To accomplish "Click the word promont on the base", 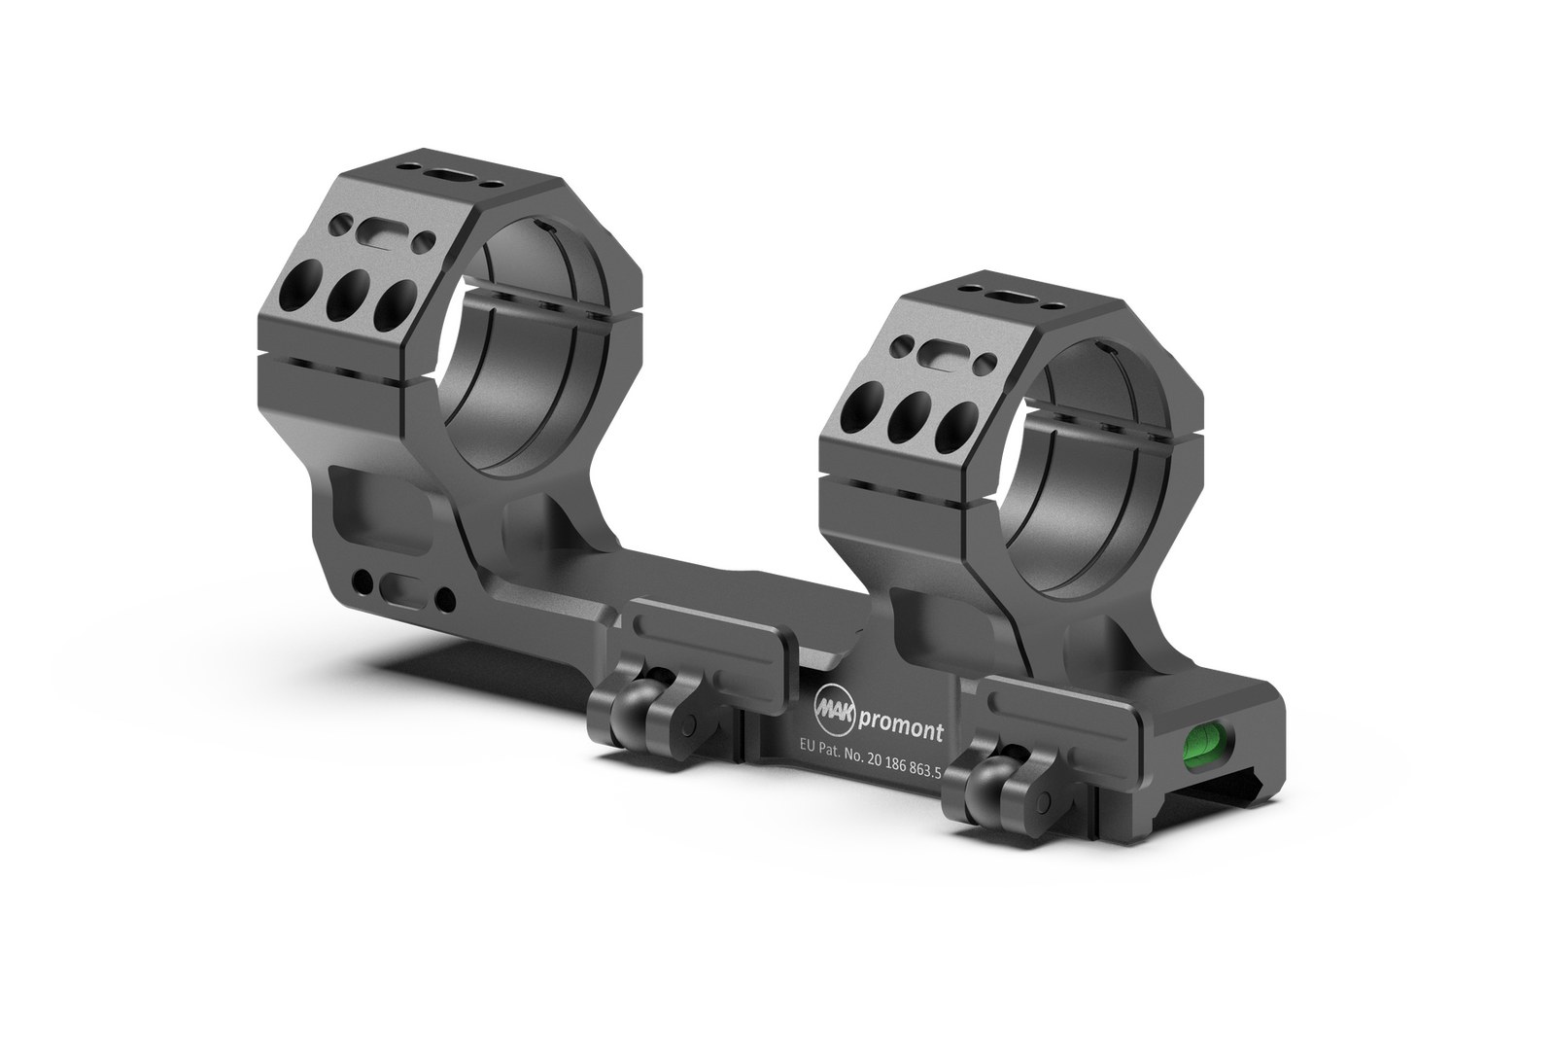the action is click(x=901, y=731).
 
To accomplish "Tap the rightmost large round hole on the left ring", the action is click(x=393, y=304).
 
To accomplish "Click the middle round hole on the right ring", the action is click(x=908, y=418).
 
